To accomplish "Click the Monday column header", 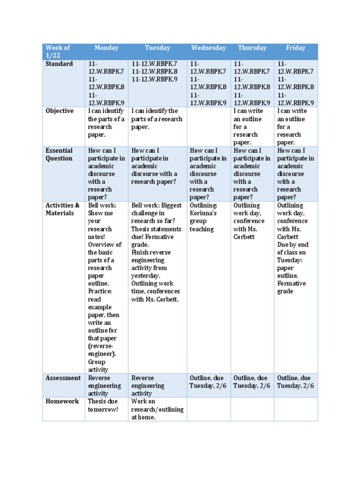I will pyautogui.click(x=106, y=48).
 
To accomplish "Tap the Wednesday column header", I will pyautogui.click(x=209, y=48).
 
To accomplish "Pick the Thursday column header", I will pyautogui.click(x=252, y=48).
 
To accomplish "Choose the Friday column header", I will pyautogui.click(x=296, y=48).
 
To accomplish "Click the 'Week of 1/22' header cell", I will pyautogui.click(x=58, y=52).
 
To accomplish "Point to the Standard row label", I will pyautogui.click(x=59, y=64).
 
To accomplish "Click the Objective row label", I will pyautogui.click(x=60, y=111).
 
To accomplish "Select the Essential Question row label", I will pyautogui.click(x=59, y=154).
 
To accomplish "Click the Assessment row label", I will pyautogui.click(x=63, y=378).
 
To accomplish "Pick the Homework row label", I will pyautogui.click(x=62, y=401).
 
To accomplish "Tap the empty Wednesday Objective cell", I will pyautogui.click(x=209, y=127).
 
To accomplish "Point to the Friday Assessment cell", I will pyautogui.click(x=296, y=382).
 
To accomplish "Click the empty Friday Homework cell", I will pyautogui.click(x=296, y=409).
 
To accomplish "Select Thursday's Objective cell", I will pyautogui.click(x=252, y=127).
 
